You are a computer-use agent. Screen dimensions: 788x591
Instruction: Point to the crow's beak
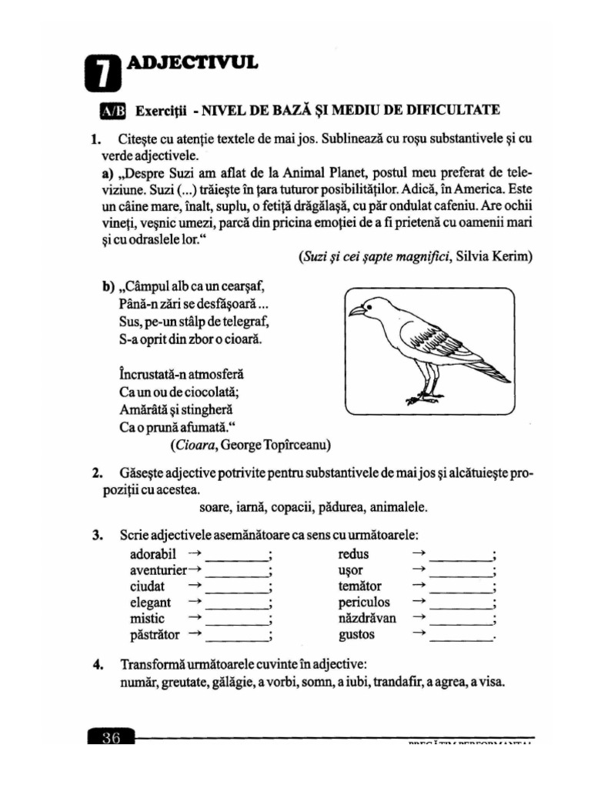click(357, 312)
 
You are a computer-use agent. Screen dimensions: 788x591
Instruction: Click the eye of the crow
click(372, 306)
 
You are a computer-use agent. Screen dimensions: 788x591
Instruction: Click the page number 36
click(111, 738)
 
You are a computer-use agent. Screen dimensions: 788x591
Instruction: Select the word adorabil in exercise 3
click(154, 554)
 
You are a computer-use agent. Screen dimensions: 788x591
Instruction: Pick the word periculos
click(364, 603)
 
